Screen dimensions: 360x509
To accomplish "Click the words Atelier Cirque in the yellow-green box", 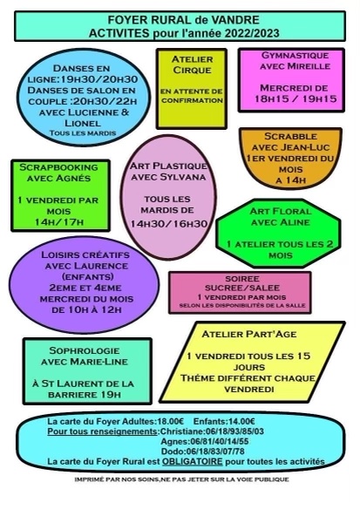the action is (192, 64).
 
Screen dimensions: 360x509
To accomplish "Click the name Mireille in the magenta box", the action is (309, 66).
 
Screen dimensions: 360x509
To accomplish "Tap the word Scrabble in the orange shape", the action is (290, 136).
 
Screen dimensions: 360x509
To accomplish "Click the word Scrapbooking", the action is (58, 167).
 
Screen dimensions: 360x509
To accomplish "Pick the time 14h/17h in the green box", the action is (59, 222).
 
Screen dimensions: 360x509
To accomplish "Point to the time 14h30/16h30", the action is (169, 224).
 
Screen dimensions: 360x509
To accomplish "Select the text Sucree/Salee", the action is (242, 288).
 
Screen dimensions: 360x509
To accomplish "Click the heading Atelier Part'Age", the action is (249, 334).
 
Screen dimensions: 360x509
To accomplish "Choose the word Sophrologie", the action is (85, 350).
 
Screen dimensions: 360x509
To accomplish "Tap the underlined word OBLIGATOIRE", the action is (193, 461).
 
